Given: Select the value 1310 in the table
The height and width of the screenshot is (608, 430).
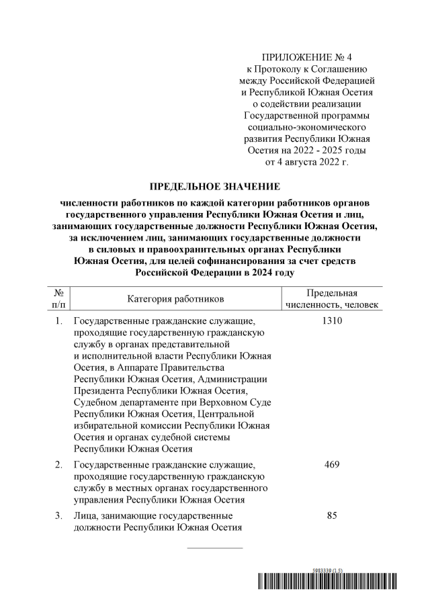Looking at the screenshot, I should click(331, 321).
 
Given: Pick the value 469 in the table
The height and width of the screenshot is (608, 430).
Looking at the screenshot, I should click(331, 465).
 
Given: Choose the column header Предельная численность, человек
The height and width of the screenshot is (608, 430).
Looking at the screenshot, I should click(331, 298).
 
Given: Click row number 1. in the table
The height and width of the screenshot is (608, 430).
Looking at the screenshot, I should click(58, 321).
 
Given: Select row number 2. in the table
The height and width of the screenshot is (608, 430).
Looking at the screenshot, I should click(58, 465).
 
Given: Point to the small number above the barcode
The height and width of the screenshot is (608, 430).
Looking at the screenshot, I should click(327, 570).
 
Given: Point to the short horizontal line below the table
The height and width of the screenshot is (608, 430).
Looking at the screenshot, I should click(214, 548).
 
